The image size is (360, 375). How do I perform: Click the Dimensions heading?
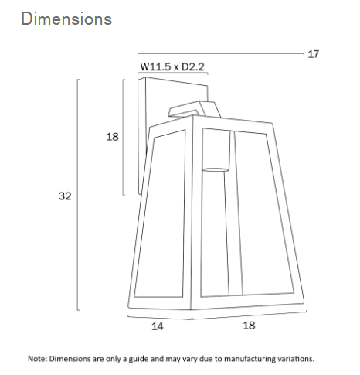click(x=66, y=19)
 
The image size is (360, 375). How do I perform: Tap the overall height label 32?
click(x=65, y=196)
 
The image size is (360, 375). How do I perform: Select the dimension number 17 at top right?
click(x=313, y=54)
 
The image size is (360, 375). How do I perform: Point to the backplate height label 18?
click(x=112, y=137)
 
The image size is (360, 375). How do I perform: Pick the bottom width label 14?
click(x=157, y=326)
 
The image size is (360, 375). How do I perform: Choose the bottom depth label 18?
click(x=249, y=326)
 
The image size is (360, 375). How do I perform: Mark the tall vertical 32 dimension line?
click(x=78, y=193)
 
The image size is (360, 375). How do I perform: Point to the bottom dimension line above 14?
click(x=158, y=315)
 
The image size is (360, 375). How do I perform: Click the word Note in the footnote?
click(x=37, y=359)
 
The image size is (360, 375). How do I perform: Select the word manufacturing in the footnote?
click(x=250, y=359)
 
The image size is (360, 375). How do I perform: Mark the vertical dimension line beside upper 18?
click(x=124, y=137)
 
